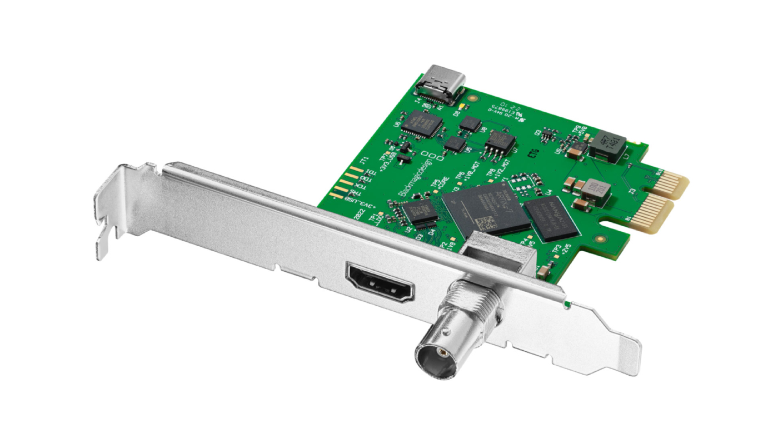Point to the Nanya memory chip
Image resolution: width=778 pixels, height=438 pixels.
551,219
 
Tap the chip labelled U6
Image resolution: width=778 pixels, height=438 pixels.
421,123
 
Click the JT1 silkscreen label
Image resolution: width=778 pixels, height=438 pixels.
365,162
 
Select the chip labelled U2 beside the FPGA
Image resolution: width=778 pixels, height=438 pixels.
421,212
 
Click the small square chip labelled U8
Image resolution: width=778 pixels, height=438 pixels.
471,124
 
